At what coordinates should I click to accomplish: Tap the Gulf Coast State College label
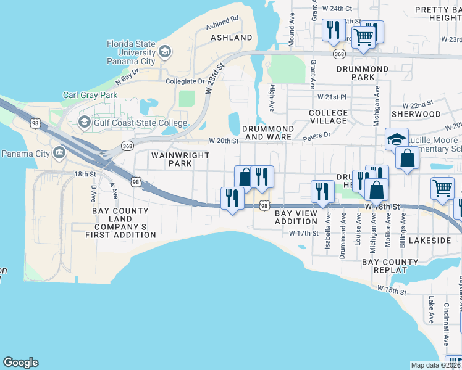[x=140, y=123]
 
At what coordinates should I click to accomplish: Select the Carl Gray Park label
[x=89, y=96]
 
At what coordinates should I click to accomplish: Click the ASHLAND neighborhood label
[x=232, y=38]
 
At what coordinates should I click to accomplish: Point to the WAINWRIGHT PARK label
[x=180, y=160]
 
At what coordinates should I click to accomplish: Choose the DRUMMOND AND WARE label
[x=267, y=132]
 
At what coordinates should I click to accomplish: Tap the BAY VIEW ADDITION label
[x=295, y=217]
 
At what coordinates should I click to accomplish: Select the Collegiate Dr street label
[x=185, y=81]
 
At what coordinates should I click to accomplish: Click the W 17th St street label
[x=303, y=233]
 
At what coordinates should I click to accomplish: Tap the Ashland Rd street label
[x=223, y=22]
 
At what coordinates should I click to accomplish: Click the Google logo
[x=20, y=363]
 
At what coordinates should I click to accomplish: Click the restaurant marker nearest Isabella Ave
[x=322, y=191]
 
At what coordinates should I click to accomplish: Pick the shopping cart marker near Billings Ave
[x=442, y=189]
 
